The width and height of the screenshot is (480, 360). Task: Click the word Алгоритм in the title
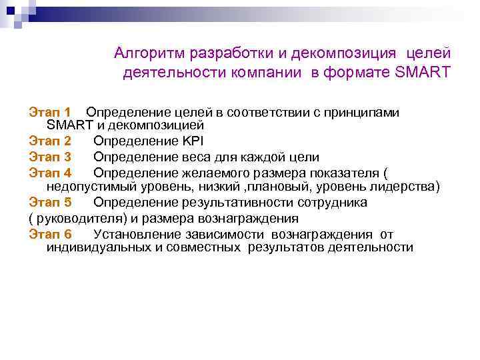tap(150, 53)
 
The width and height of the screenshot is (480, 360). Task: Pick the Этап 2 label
tap(50, 141)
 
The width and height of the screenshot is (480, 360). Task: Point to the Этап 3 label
tap(50, 157)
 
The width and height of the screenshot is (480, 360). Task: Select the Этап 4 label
tap(50, 173)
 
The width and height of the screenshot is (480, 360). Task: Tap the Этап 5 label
tap(50, 202)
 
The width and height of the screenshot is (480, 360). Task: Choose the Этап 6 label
tap(50, 233)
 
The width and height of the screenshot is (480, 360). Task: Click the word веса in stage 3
tap(196, 157)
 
